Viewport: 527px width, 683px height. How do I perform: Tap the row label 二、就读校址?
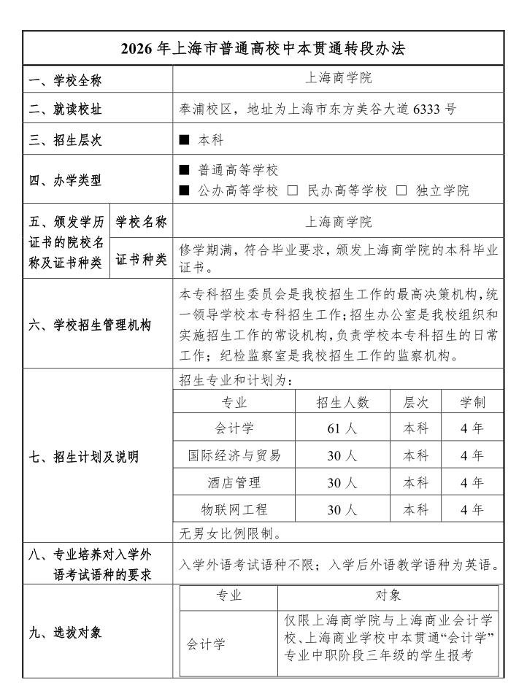click(x=66, y=109)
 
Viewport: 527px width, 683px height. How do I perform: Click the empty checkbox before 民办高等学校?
click(x=293, y=191)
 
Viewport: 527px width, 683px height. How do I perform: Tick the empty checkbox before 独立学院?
click(x=401, y=191)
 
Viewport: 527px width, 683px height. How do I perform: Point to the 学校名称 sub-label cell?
click(x=141, y=222)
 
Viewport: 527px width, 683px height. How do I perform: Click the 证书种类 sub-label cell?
click(x=141, y=259)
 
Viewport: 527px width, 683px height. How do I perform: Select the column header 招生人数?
click(x=342, y=402)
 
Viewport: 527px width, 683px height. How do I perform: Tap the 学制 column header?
click(x=472, y=402)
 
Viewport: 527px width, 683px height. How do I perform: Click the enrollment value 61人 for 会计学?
click(x=342, y=428)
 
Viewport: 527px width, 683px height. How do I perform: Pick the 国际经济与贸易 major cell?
click(x=234, y=455)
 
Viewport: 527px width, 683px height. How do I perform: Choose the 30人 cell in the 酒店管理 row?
click(x=342, y=482)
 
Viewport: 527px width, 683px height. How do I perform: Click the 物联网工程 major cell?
click(x=234, y=509)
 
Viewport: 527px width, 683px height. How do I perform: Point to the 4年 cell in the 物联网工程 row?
click(x=472, y=509)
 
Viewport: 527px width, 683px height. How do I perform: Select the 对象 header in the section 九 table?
click(x=388, y=595)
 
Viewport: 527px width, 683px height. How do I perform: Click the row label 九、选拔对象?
click(x=66, y=633)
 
